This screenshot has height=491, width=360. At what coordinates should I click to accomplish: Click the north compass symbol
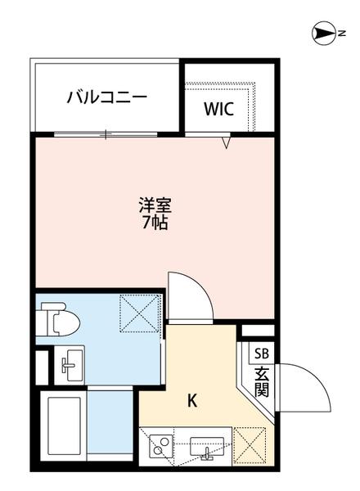point(325,34)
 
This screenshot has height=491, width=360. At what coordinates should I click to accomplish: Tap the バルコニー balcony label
point(106,97)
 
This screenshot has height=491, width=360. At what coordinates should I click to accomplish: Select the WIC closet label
point(218,108)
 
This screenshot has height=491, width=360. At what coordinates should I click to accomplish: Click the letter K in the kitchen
point(192,401)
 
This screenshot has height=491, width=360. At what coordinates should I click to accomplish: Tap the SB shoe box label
point(261,354)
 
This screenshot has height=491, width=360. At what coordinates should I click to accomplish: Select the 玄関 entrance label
point(261,381)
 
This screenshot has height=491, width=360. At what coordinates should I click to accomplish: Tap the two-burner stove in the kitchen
point(160,447)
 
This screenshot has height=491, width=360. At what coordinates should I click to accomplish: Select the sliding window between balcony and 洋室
point(106,133)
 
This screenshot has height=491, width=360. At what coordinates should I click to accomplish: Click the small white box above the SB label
point(254,331)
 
